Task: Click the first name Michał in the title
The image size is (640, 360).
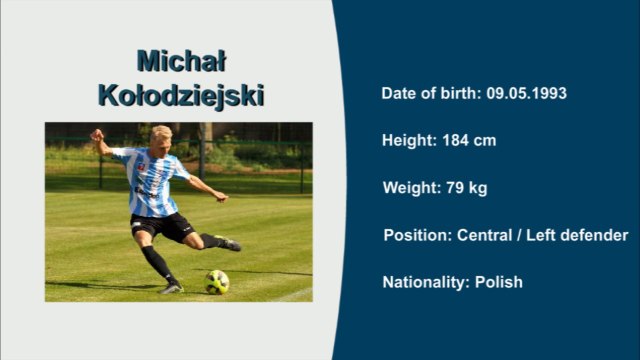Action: pos(180,61)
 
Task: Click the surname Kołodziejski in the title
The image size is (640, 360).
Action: pos(181,96)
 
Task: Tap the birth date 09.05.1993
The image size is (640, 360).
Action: pos(527,93)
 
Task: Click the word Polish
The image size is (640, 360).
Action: pos(498,282)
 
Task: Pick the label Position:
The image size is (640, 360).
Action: pos(417,235)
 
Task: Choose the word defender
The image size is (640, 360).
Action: pos(595,235)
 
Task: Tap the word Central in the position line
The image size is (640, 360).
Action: pos(485,235)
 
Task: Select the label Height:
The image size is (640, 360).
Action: pos(410,141)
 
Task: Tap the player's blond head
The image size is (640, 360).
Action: pos(160,135)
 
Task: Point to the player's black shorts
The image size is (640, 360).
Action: pos(160,226)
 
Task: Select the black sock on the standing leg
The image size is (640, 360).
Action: pos(157,263)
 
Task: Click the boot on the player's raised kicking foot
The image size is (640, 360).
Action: pos(227,243)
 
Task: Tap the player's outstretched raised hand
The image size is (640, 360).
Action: pos(97,134)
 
